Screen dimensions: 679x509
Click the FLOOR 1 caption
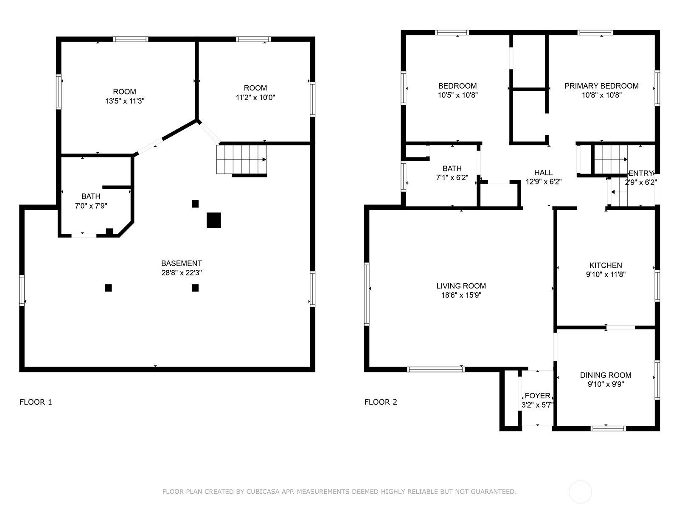(x=36, y=402)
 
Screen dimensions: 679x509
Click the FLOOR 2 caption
(x=381, y=402)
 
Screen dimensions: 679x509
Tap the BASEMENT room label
(x=182, y=263)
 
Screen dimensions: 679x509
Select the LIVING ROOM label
(x=461, y=286)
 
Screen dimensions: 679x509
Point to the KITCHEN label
(x=606, y=265)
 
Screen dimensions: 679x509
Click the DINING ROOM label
(x=606, y=375)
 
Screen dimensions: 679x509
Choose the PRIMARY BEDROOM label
(x=601, y=86)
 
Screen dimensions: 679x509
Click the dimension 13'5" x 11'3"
(x=125, y=101)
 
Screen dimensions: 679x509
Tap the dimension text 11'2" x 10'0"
(x=255, y=98)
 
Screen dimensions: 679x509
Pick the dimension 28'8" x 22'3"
(x=182, y=273)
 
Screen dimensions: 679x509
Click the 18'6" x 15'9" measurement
(x=461, y=295)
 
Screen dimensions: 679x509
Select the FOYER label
(x=537, y=396)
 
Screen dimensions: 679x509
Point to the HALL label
(x=544, y=173)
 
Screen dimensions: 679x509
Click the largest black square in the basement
(x=214, y=220)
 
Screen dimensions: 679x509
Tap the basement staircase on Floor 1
(x=241, y=159)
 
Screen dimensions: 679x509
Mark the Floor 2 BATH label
(x=452, y=168)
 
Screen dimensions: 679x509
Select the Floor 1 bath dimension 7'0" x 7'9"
(x=91, y=206)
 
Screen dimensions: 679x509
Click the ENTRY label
(x=640, y=173)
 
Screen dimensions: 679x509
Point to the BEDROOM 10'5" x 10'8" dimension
(x=457, y=95)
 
